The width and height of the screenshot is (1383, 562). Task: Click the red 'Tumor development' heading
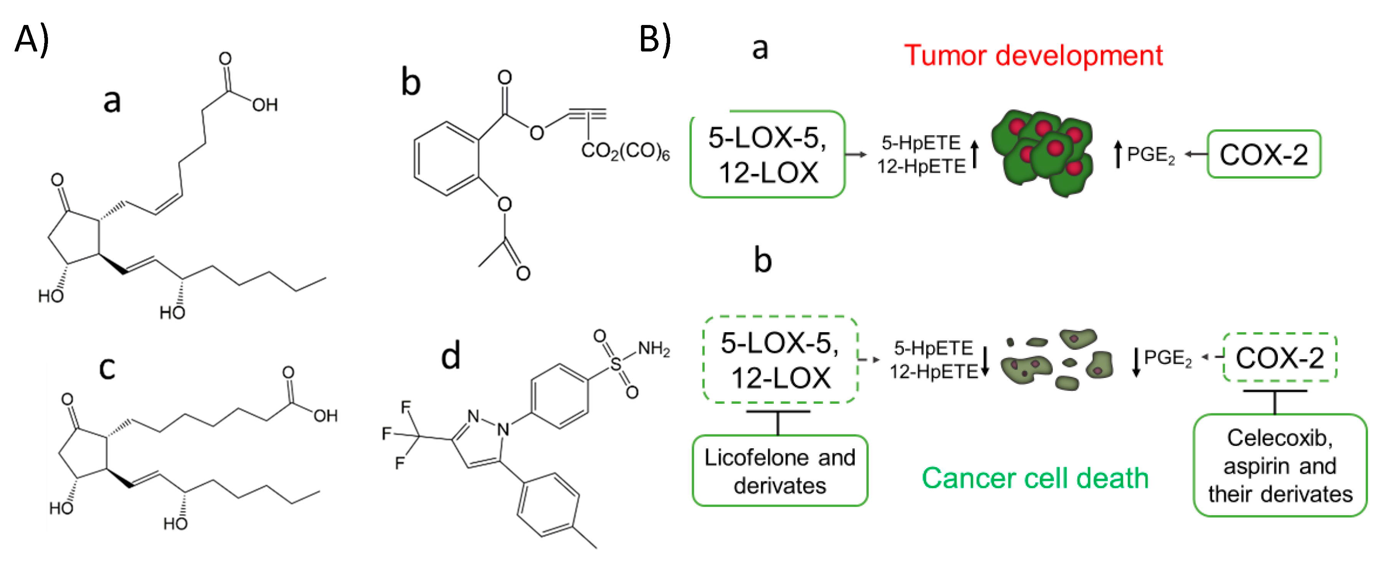[x=1033, y=55]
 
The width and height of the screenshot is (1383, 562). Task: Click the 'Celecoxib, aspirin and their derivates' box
[x=1279, y=465]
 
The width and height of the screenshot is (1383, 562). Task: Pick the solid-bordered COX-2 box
[x=1263, y=154]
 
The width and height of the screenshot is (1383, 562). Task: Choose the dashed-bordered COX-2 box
[x=1279, y=357]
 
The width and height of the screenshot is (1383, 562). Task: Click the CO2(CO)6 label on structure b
[x=625, y=151]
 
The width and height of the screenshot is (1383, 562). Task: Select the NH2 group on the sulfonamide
[x=653, y=349]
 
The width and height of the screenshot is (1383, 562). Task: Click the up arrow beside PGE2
[x=1118, y=154]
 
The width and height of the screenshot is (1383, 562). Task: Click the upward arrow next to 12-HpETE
[x=975, y=154]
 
